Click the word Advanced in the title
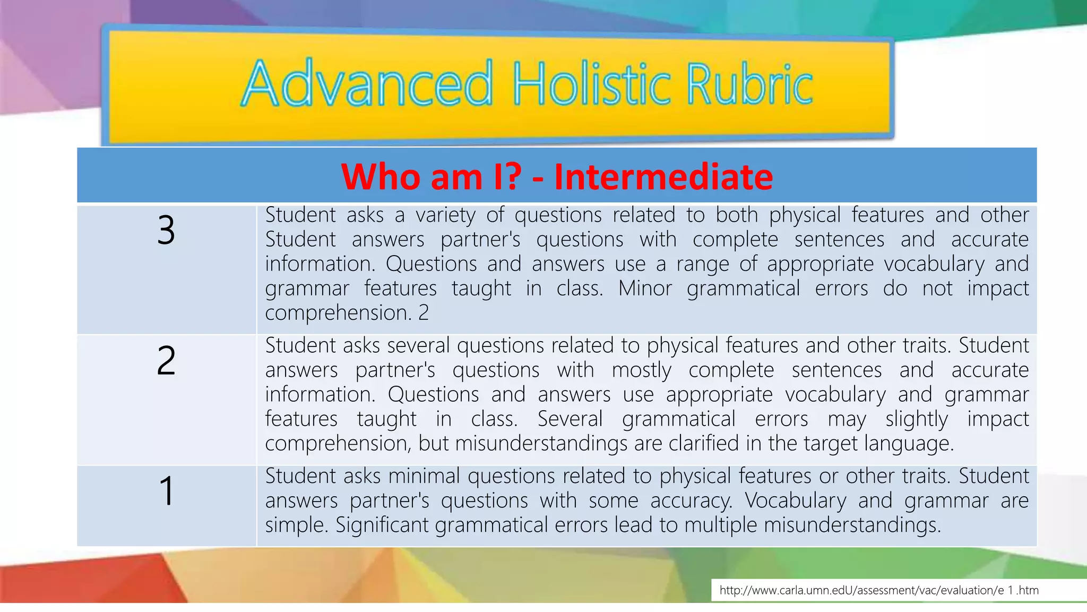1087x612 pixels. (367, 84)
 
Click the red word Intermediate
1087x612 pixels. (663, 176)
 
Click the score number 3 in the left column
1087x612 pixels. (166, 231)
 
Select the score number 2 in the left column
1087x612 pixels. (166, 361)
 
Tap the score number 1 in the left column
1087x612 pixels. (167, 491)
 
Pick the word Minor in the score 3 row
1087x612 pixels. (645, 288)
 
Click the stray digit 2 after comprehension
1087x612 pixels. (424, 313)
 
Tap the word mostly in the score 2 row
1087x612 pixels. (641, 370)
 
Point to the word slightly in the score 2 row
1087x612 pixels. (916, 419)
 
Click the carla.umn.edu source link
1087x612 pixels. (878, 590)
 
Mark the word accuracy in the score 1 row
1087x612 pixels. (691, 501)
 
